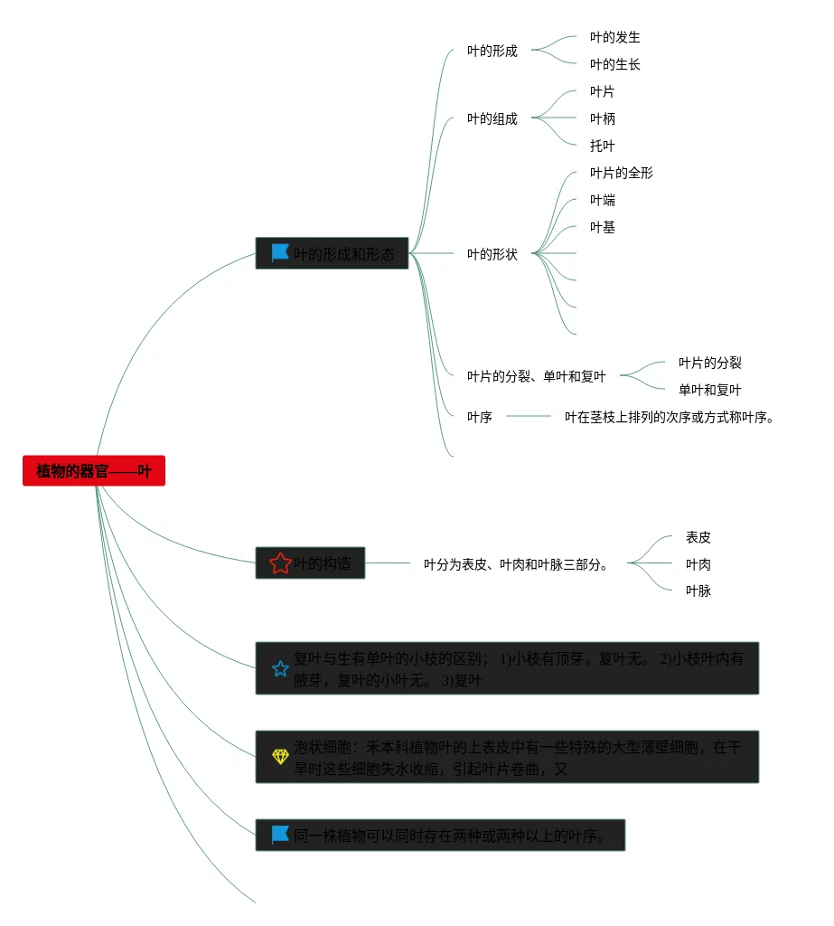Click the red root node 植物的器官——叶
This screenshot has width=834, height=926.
[x=94, y=471]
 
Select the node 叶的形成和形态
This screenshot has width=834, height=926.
[x=343, y=254]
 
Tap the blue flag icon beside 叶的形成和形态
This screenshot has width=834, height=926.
[x=280, y=253]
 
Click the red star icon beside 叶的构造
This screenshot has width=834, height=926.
[x=280, y=563]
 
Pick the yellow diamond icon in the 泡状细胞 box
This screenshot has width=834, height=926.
[x=280, y=756]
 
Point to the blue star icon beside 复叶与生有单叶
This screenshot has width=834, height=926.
[x=280, y=669]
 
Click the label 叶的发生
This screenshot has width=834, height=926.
[x=614, y=37]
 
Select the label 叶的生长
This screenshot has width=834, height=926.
[x=614, y=64]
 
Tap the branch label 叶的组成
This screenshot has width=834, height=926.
[x=492, y=118]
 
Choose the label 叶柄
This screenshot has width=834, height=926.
[x=602, y=118]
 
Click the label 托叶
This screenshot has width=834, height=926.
[x=602, y=146]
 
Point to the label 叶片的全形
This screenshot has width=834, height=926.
[x=621, y=173]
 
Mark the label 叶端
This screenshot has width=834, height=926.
[x=602, y=200]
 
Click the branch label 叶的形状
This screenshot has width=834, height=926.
[x=492, y=254]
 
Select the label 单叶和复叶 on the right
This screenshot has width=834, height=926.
[x=709, y=390]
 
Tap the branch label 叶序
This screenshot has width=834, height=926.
[x=479, y=417]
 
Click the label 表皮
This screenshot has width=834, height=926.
[x=698, y=537]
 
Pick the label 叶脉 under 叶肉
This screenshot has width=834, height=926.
[x=698, y=591]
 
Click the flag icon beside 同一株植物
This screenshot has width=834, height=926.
[x=280, y=835]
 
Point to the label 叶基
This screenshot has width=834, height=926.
[x=602, y=227]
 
